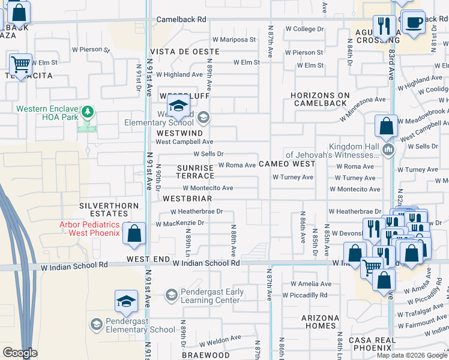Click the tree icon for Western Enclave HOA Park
(x=88, y=112)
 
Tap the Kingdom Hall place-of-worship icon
(x=388, y=149)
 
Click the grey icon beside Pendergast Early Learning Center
(x=171, y=295)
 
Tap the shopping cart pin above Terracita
(x=21, y=64)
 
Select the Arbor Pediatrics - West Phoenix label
(x=89, y=229)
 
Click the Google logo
(x=20, y=353)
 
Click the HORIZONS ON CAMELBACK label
(x=319, y=99)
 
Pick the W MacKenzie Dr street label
(x=180, y=223)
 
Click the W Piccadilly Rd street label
(x=309, y=295)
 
